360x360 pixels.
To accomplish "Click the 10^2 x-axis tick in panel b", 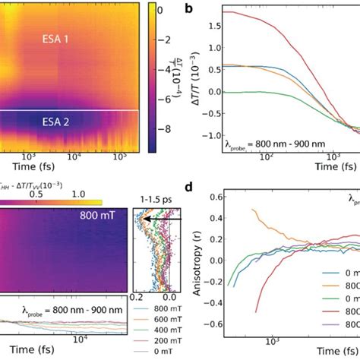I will click(266, 158).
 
